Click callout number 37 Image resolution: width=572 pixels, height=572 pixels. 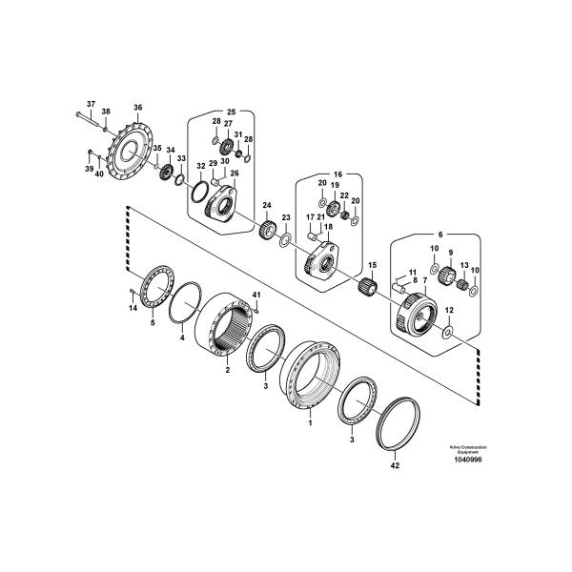click(92, 103)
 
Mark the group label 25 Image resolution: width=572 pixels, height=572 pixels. click(230, 111)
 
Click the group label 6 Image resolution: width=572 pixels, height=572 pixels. click(439, 233)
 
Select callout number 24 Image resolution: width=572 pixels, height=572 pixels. click(267, 205)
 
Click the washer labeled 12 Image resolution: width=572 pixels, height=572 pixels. click(448, 333)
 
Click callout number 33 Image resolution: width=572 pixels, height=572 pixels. click(181, 157)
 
